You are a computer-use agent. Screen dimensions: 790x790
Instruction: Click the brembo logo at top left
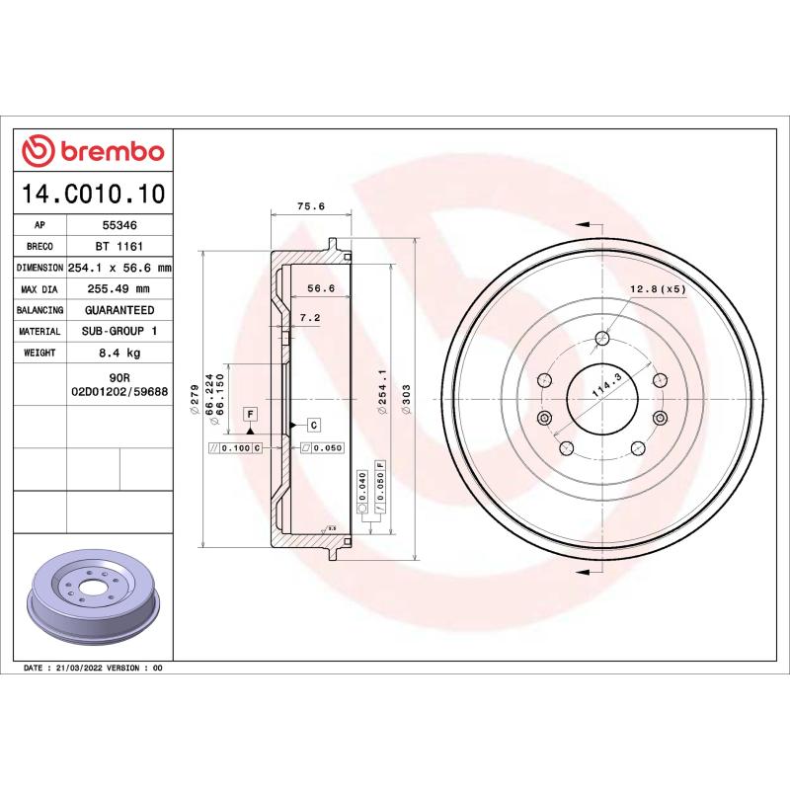click(x=93, y=151)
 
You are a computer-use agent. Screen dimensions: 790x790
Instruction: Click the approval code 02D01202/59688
click(x=119, y=392)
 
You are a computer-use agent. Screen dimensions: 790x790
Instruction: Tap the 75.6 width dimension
click(x=311, y=206)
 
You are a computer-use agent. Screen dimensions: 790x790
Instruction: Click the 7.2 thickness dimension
click(x=310, y=318)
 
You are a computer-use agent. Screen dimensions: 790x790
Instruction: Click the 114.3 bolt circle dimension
click(x=605, y=385)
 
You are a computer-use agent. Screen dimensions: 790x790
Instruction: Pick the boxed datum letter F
click(x=251, y=412)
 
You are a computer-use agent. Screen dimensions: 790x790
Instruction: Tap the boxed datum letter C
click(x=313, y=425)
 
